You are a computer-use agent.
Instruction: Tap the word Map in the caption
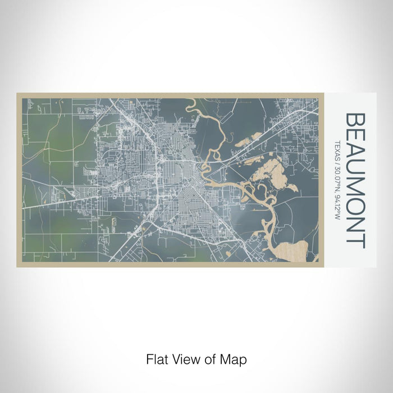pos(235,358)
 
